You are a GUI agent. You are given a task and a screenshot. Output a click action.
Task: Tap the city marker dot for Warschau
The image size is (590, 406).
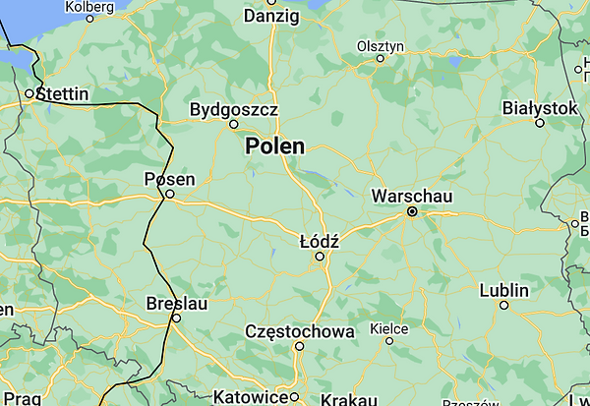pyautogui.click(x=413, y=211)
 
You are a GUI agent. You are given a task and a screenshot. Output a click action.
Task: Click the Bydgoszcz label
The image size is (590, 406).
pyautogui.click(x=233, y=109)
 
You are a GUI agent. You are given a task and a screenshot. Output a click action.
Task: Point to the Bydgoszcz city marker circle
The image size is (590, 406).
pyautogui.click(x=234, y=125)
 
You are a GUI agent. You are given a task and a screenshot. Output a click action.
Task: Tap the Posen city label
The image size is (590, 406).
pyautogui.click(x=170, y=179)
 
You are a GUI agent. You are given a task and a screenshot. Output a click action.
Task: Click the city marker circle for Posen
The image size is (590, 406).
pyautogui.click(x=170, y=195)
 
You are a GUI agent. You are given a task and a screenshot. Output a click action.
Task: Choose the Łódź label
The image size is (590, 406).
pyautogui.click(x=319, y=241)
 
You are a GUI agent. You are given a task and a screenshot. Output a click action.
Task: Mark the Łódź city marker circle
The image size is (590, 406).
pyautogui.click(x=319, y=257)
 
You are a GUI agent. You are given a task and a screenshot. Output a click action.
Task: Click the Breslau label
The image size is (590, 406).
pyautogui.click(x=176, y=304)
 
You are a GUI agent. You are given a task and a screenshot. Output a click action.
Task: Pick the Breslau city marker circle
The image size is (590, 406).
pyautogui.click(x=177, y=319)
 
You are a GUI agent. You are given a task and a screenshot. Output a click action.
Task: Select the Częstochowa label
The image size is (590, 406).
pyautogui.click(x=299, y=331)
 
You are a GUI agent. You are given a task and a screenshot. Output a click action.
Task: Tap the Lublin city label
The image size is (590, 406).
pyautogui.click(x=503, y=290)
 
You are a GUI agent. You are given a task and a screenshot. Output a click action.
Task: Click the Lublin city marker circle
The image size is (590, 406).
pyautogui.click(x=504, y=305)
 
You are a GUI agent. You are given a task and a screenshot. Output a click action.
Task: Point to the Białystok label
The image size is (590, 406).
pyautogui.click(x=539, y=107)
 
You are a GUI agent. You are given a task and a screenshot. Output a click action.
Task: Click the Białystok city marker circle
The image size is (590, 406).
pyautogui.click(x=540, y=123)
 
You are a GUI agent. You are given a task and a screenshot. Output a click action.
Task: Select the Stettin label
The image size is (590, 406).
pyautogui.click(x=62, y=94)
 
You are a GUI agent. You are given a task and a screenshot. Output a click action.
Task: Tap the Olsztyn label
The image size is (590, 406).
pyautogui.click(x=381, y=45)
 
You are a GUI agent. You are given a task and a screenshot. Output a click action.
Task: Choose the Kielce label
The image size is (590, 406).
pyautogui.click(x=388, y=328)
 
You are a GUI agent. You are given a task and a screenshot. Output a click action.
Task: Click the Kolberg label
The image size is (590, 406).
pyautogui.click(x=89, y=6)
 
